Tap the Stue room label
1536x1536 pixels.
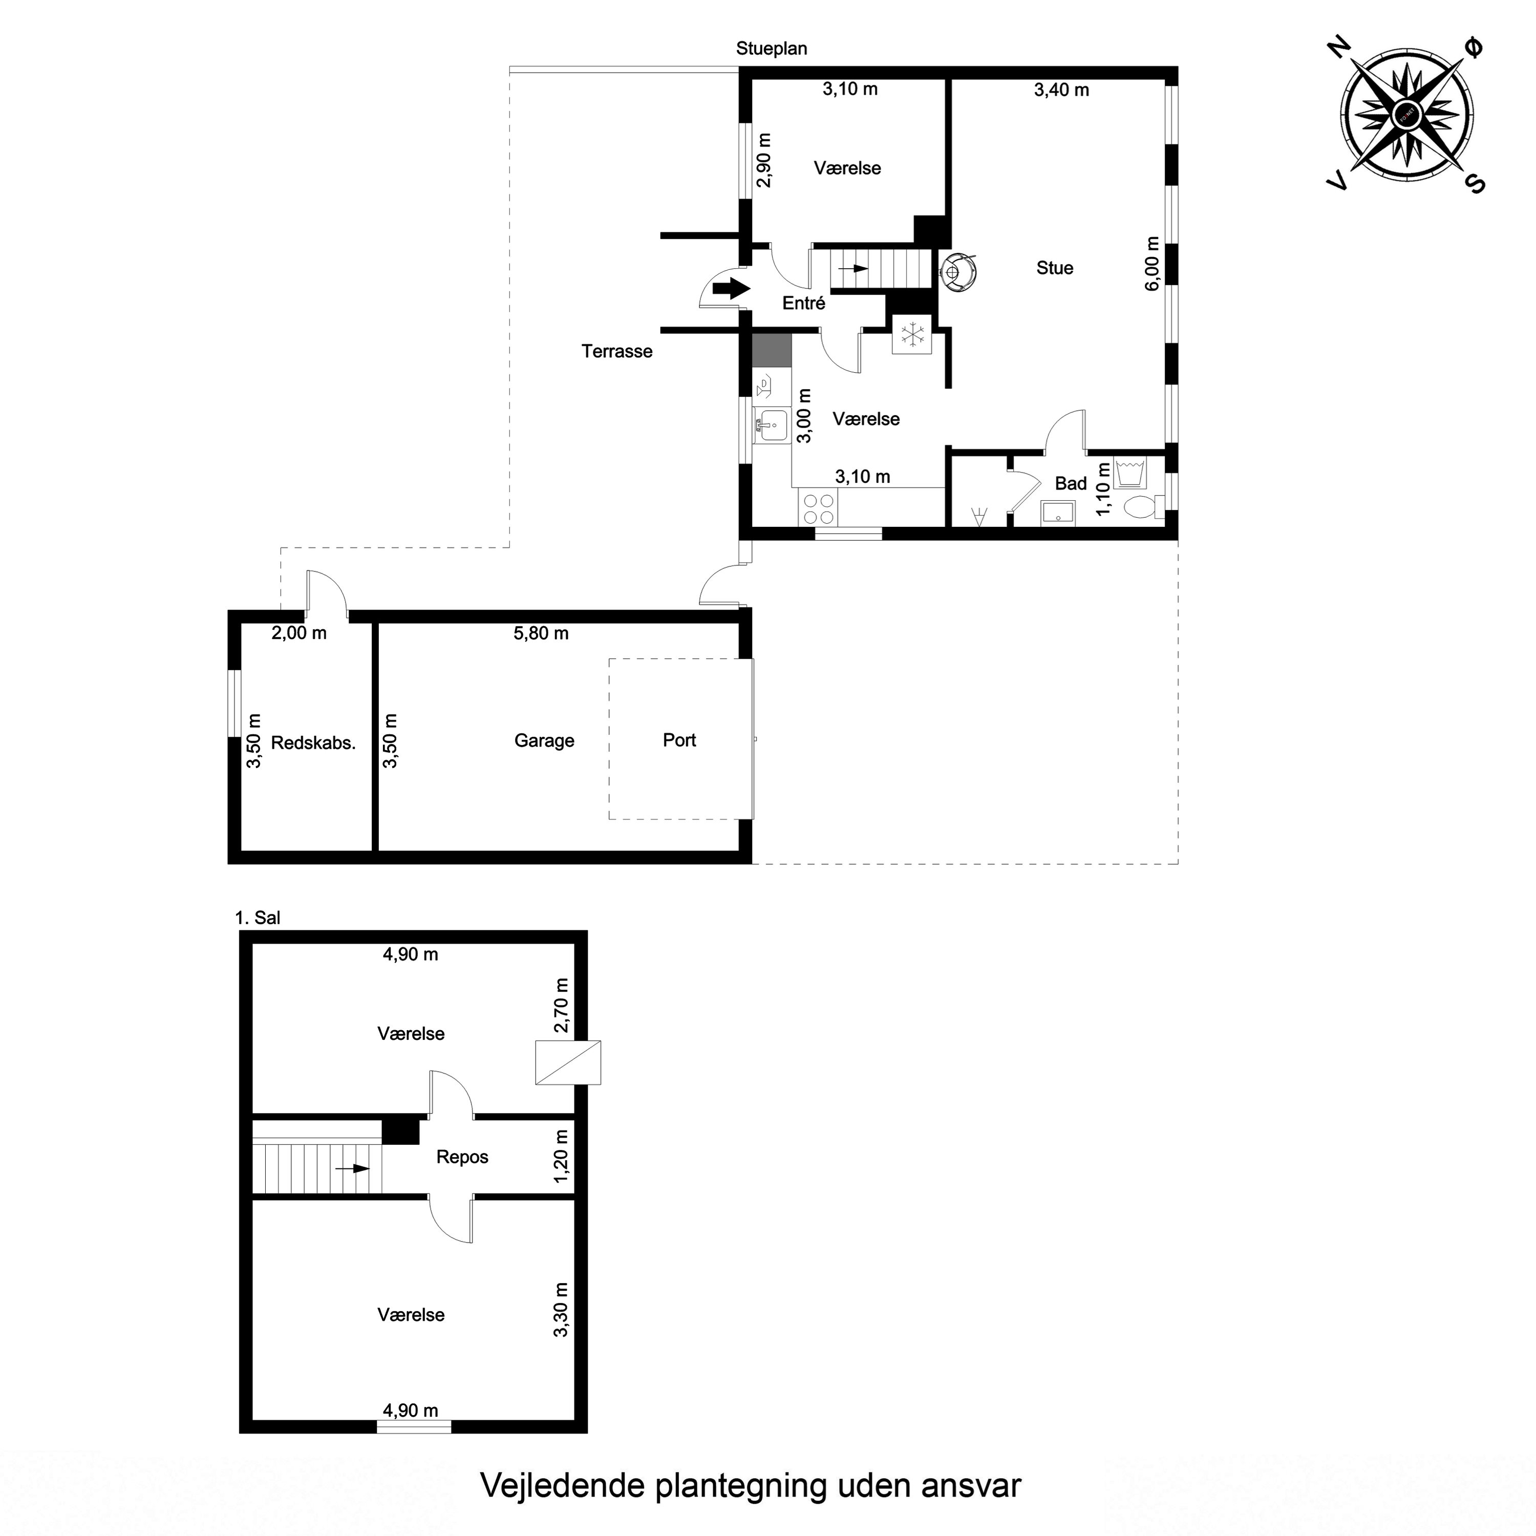coord(1054,268)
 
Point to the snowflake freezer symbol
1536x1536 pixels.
coord(912,334)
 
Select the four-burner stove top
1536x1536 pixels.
coord(818,509)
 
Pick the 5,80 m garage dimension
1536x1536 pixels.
coord(541,634)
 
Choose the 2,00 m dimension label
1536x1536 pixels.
coord(299,634)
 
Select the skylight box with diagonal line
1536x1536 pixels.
coord(568,1062)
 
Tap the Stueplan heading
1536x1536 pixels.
coord(771,49)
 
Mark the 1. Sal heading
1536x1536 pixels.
coord(258,918)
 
